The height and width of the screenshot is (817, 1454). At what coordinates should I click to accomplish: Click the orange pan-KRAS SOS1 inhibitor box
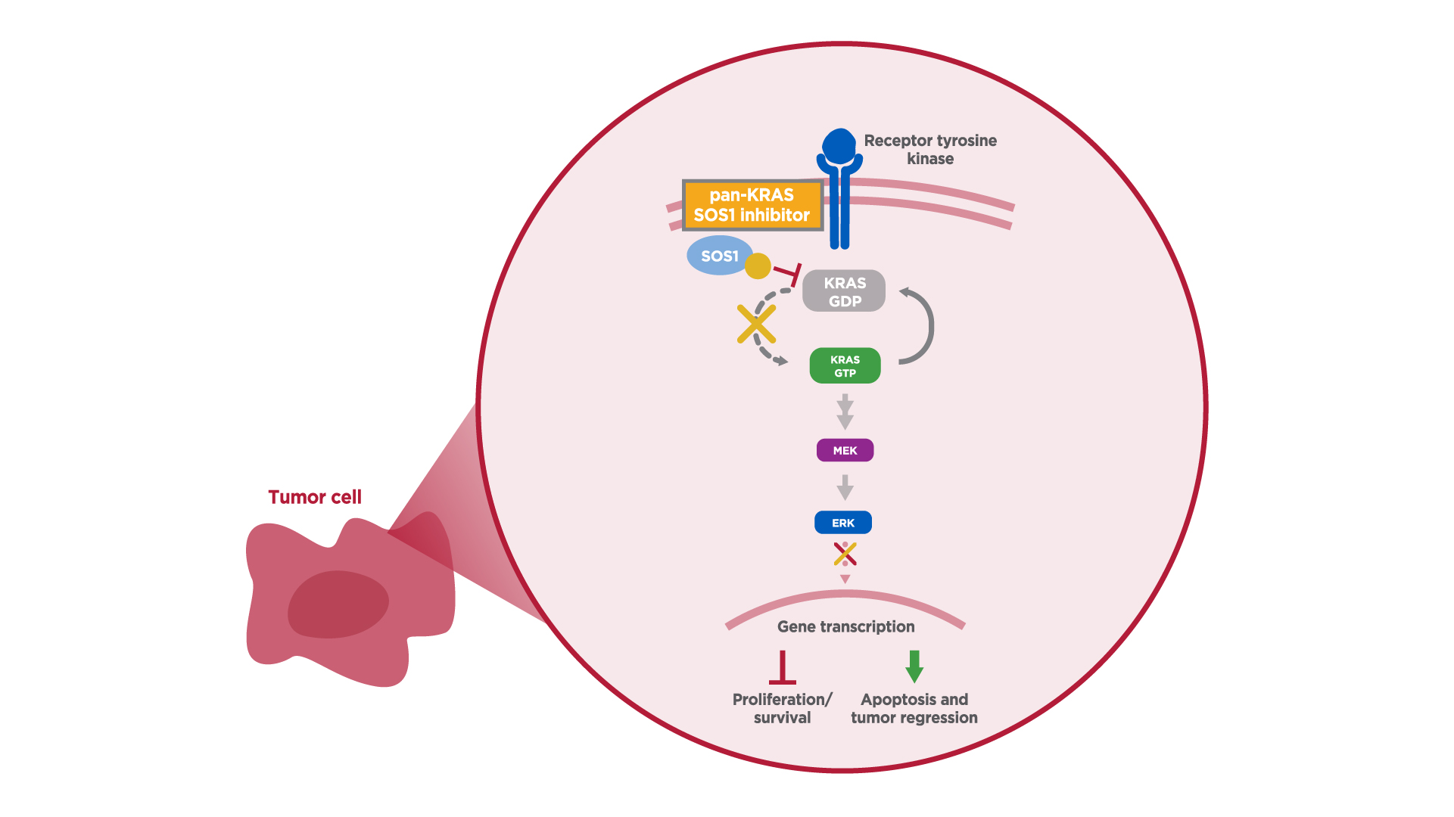coord(752,205)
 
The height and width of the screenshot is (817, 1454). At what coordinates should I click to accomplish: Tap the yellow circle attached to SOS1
coord(758,266)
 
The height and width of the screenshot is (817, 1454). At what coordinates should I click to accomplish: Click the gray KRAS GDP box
coord(844,291)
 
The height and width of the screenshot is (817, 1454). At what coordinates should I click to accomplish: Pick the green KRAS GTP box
coord(845,366)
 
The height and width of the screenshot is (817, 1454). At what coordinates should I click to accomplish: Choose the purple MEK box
coord(845,451)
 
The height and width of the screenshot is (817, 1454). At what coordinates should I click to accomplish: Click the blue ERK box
coord(843,523)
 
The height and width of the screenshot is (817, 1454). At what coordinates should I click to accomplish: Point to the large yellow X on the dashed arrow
coord(756,325)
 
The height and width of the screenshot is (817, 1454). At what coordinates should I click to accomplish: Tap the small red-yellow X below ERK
coord(845,555)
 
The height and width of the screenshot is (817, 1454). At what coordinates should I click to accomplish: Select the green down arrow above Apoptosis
coord(914,666)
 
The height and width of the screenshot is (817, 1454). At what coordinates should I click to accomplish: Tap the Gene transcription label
coord(845,627)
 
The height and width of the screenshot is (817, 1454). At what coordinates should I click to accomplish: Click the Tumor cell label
coord(315,497)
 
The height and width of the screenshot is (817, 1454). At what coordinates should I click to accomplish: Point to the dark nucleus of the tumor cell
coord(338,604)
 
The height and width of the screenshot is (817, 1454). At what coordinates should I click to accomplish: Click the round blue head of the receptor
coord(839,145)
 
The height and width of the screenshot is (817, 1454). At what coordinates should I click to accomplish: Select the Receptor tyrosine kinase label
coord(930,150)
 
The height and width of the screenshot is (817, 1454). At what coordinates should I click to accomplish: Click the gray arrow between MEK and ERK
coord(845,487)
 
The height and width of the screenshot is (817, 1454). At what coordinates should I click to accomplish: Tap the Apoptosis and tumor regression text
coord(914,709)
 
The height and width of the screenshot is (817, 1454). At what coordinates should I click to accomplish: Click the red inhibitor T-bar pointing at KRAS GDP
coord(789,274)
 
